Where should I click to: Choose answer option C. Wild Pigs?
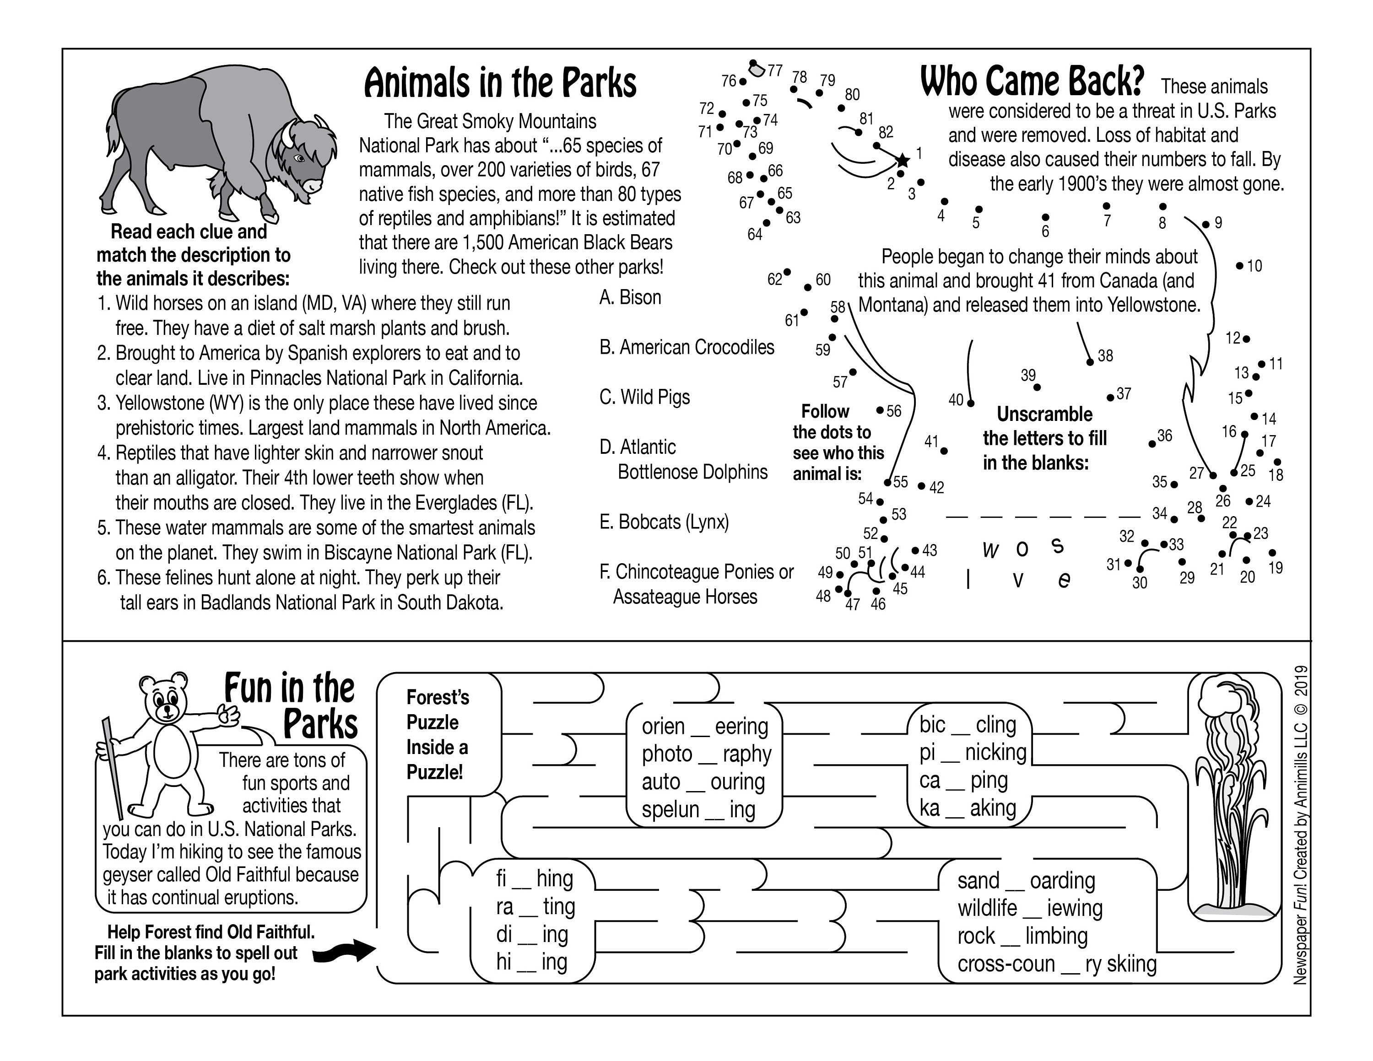pos(644,397)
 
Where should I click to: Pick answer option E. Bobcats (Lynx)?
pos(664,522)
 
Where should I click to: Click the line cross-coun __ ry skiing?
pos(1057,964)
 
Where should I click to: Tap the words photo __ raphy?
pos(706,754)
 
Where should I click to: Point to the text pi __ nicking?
pos(973,752)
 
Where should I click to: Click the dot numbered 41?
pos(944,451)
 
